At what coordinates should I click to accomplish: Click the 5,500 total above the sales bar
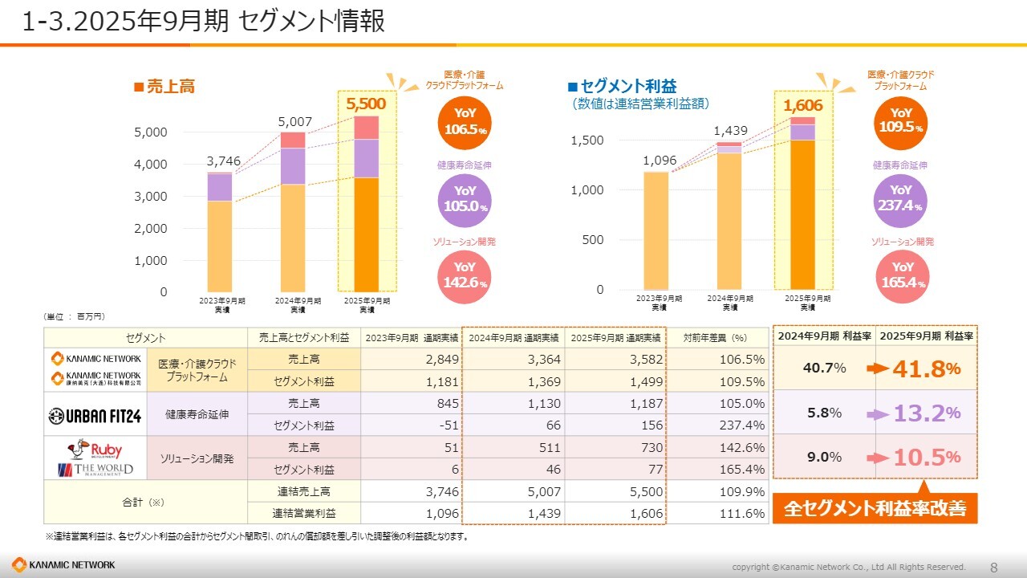pyautogui.click(x=366, y=104)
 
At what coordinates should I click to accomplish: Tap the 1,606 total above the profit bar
pyautogui.click(x=803, y=105)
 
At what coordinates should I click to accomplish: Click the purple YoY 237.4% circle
pyautogui.click(x=901, y=197)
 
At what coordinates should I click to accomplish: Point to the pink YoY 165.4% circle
pyautogui.click(x=903, y=274)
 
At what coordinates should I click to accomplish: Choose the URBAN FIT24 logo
pyautogui.click(x=95, y=414)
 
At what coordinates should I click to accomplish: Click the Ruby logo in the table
pyautogui.click(x=95, y=449)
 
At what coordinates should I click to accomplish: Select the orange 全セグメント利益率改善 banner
pyautogui.click(x=874, y=508)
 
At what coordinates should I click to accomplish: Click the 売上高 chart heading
pyautogui.click(x=164, y=87)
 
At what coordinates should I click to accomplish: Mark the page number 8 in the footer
pyautogui.click(x=994, y=567)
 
